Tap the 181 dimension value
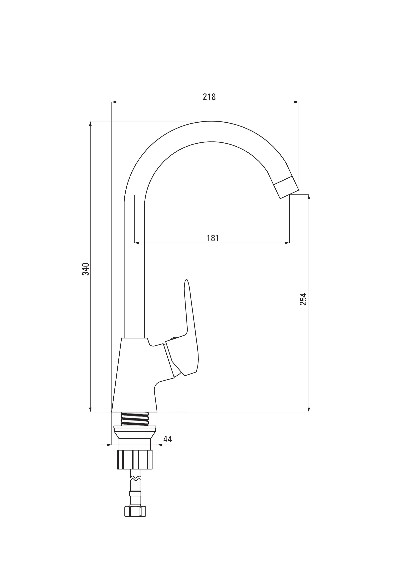(x=213, y=238)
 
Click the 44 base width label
(x=168, y=439)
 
